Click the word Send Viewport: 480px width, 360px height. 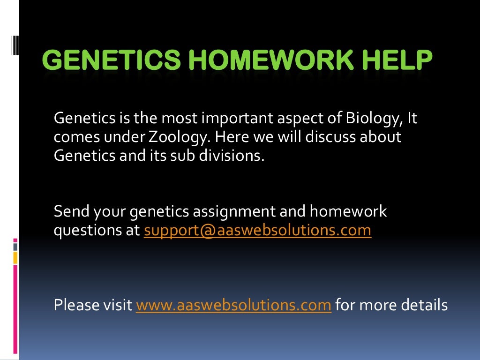tap(72, 211)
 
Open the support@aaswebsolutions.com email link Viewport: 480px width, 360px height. tap(257, 231)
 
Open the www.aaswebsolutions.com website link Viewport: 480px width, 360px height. tap(233, 306)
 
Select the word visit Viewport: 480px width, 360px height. tap(120, 306)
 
